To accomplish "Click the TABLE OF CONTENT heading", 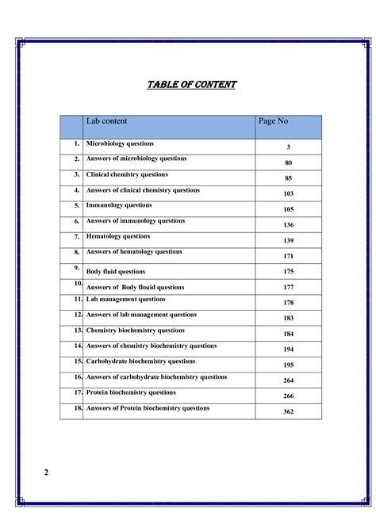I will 192,85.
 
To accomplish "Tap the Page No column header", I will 273,121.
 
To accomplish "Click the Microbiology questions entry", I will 120,143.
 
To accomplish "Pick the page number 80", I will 289,163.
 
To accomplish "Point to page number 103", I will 289,194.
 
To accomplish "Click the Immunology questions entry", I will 118,204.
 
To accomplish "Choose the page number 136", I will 289,225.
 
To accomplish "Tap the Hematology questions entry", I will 117,236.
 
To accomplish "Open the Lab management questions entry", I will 126,300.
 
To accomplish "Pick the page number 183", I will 289,319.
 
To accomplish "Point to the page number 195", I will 289,365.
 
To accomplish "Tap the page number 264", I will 289,380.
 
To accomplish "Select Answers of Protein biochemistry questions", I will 148,408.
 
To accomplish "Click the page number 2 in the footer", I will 46,473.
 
